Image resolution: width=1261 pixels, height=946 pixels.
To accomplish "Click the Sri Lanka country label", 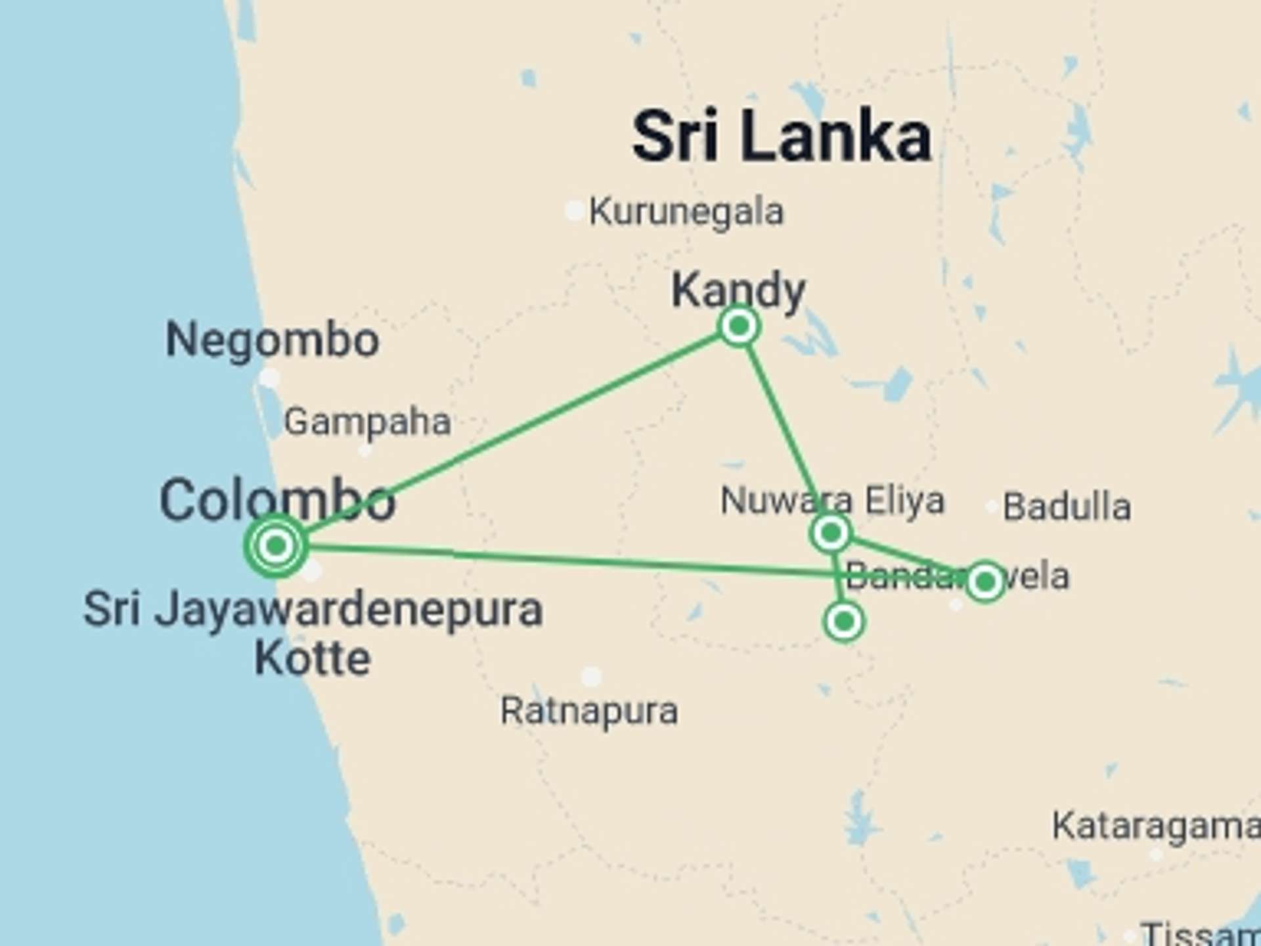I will pos(782,137).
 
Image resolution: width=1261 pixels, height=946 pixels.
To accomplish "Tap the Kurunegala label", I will pos(686,212).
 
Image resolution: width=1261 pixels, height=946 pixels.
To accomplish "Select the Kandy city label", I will pos(738,290).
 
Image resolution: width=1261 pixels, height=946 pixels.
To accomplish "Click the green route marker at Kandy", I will pos(740,325).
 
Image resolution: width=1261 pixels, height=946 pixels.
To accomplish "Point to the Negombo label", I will pos(272,340).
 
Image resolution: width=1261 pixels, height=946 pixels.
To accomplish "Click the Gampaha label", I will pos(367,422).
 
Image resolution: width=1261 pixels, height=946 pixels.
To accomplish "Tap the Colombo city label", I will pos(277,501).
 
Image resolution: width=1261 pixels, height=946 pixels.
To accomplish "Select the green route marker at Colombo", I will pos(276,545).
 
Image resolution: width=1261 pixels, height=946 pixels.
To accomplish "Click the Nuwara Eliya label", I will pos(832,501).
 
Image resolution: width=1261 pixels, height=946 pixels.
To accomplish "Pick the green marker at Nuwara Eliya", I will pos(831,532).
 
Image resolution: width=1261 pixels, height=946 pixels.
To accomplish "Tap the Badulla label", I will pos(1067,507).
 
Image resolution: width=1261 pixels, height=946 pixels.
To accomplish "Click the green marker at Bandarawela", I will pos(985,581).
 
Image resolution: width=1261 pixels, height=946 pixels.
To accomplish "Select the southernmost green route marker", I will pos(844,621).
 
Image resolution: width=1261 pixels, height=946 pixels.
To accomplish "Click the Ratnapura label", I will pos(589,711).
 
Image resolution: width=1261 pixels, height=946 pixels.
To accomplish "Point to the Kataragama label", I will pos(1156,826).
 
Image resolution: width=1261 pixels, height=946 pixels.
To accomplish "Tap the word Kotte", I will pos(313,658).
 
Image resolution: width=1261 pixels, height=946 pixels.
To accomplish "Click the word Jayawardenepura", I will pos(348,610).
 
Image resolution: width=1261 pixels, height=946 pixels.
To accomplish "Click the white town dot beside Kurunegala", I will pos(574,211).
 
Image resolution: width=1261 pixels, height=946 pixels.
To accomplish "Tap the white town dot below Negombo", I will pos(269,378).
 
